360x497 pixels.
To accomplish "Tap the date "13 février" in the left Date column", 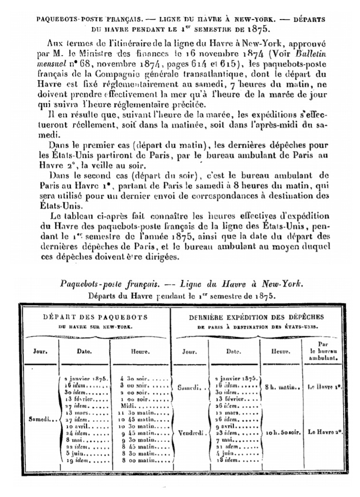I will (x=79, y=400).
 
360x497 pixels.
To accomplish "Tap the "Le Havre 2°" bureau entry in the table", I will (x=325, y=433).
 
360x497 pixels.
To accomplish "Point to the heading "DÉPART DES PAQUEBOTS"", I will (x=95, y=317).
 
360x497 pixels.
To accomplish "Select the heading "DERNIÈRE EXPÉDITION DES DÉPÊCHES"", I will (x=256, y=317).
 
